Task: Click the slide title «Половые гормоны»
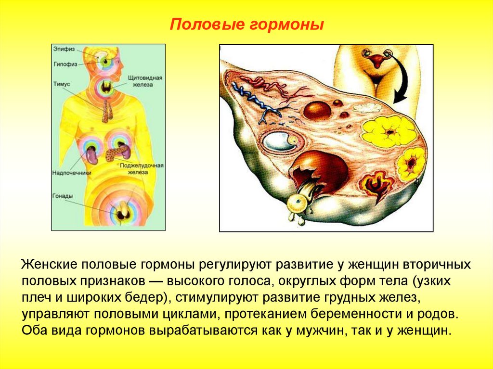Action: tap(247, 25)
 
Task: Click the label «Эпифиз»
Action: tap(64, 49)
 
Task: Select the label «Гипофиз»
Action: tap(65, 64)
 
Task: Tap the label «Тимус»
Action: tap(61, 84)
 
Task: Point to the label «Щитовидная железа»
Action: tap(145, 81)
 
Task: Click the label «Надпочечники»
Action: tap(72, 173)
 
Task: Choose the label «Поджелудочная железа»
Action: tap(142, 169)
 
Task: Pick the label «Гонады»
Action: tap(63, 196)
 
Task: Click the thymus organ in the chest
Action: tap(107, 112)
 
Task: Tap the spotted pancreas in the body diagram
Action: tap(117, 153)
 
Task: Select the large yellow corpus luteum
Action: tap(389, 132)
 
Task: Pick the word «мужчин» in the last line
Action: tap(320, 331)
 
